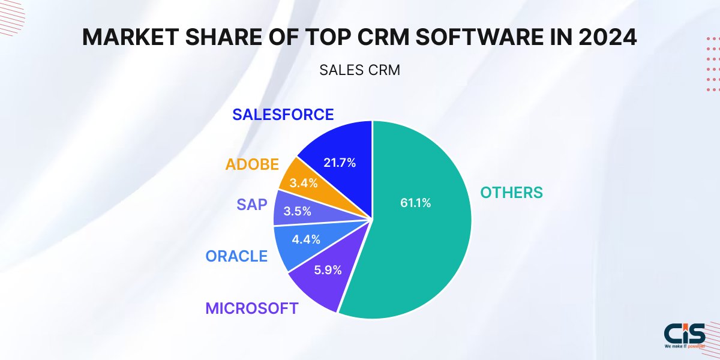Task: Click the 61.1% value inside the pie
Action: [416, 203]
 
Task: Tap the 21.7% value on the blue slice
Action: [340, 162]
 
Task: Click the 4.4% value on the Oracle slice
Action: [305, 239]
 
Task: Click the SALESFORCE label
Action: [283, 114]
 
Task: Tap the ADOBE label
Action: [251, 164]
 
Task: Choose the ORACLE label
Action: [236, 256]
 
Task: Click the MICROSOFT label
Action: [251, 308]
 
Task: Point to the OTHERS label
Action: [511, 193]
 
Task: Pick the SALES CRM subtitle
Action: [359, 70]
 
